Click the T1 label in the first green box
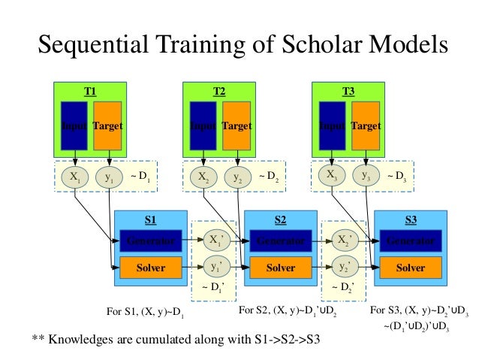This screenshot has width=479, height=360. (91, 92)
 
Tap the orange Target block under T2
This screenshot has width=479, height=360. (236, 126)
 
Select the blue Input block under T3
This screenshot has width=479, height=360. (332, 126)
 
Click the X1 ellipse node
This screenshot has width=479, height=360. (74, 177)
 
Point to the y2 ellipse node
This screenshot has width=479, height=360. (237, 177)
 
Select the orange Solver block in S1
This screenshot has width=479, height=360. (151, 268)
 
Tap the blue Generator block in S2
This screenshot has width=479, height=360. (280, 241)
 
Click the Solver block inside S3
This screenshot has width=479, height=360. (411, 268)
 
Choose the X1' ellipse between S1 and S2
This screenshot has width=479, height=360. (216, 241)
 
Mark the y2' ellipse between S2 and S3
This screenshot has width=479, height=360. (346, 267)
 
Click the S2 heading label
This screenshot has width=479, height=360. (280, 220)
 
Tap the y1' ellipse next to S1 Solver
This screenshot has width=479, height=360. (216, 267)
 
